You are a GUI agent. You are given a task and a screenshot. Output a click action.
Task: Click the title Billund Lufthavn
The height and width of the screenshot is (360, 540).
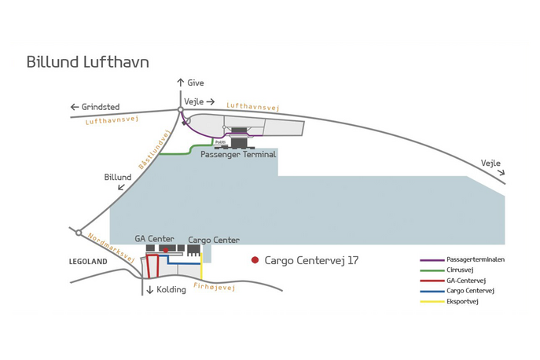coord(87,61)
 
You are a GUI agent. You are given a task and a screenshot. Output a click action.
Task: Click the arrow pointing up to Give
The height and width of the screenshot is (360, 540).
coord(180,82)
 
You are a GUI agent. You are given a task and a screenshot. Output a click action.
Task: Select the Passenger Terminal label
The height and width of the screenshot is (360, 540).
coord(238,155)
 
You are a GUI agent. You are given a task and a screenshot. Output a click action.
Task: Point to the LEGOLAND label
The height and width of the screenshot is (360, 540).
coord(87,260)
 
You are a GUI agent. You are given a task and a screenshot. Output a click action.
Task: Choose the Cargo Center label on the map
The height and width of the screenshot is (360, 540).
coord(213,240)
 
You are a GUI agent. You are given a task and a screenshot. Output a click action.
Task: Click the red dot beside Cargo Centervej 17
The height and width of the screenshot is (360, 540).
coord(255,260)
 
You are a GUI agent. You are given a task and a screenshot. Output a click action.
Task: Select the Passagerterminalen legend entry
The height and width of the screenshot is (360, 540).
coord(475,259)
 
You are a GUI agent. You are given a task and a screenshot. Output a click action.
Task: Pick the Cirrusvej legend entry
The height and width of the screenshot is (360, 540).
coord(463,269)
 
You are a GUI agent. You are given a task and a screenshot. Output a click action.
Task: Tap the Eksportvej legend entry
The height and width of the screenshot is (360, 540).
coord(462,301)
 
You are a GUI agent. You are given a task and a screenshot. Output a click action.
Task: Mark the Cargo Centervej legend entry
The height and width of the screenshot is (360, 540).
coord(471,291)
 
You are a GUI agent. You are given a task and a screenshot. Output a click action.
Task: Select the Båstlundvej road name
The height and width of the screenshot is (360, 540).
coord(154,149)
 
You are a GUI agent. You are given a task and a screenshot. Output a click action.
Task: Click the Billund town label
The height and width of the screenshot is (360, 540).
coord(118,178)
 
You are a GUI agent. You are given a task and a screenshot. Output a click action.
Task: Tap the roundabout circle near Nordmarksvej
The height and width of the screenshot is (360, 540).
coord(79,233)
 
